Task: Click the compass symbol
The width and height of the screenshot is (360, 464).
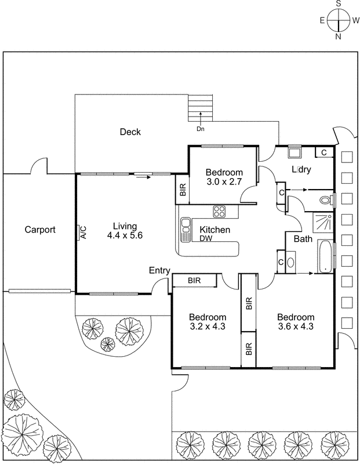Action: pyautogui.click(x=337, y=20)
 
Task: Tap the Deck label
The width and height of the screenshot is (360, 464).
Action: pyautogui.click(x=130, y=132)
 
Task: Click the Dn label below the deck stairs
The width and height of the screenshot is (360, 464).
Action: pyautogui.click(x=201, y=129)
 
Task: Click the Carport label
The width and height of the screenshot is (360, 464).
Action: pyautogui.click(x=40, y=230)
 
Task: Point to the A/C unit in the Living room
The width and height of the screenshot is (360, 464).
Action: pyautogui.click(x=82, y=233)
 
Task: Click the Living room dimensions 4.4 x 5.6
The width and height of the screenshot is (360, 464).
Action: pyautogui.click(x=125, y=235)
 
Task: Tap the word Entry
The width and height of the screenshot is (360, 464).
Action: pyautogui.click(x=159, y=270)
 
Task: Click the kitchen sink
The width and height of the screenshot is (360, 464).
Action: pyautogui.click(x=186, y=230)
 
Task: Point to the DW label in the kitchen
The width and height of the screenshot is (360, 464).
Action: pyautogui.click(x=206, y=238)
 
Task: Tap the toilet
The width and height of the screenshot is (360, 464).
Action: pyautogui.click(x=326, y=200)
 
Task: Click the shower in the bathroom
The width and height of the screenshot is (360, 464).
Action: pyautogui.click(x=323, y=222)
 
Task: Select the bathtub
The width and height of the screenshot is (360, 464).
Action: pyautogui.click(x=326, y=256)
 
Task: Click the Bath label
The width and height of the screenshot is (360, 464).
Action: pyautogui.click(x=303, y=238)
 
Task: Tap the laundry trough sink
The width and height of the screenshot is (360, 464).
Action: pyautogui.click(x=294, y=154)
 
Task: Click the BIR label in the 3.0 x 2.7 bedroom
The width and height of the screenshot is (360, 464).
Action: pyautogui.click(x=183, y=189)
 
